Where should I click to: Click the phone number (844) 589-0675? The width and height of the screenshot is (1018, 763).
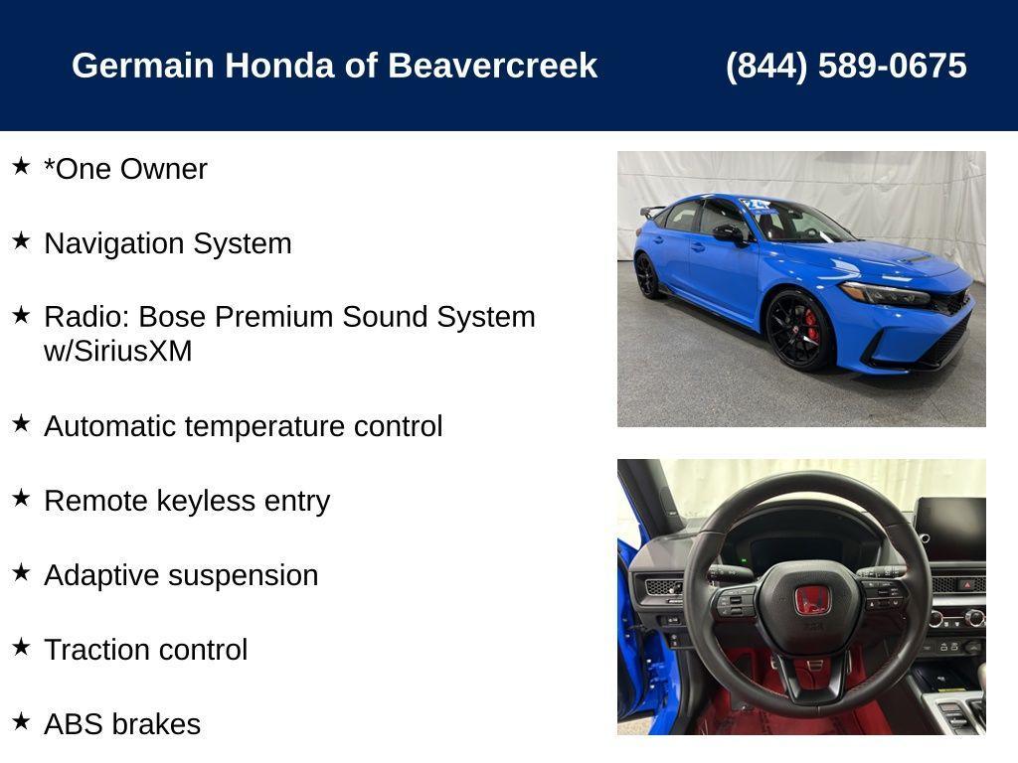(845, 66)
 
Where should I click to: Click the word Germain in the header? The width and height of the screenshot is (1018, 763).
(142, 66)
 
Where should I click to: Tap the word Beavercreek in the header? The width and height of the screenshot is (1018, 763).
(492, 66)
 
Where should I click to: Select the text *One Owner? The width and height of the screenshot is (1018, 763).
(125, 169)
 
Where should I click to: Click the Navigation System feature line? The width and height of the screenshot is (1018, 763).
(167, 243)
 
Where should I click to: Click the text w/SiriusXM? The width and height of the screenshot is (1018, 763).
(117, 352)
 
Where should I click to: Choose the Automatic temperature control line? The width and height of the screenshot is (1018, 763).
(243, 426)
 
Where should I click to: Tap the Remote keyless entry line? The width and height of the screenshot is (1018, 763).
(186, 501)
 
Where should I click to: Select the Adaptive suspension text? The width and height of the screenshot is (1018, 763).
(181, 575)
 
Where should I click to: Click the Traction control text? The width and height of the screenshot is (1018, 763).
(145, 650)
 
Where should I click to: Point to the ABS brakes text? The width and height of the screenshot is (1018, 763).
(121, 724)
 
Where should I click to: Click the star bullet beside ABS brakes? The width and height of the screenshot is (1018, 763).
(21, 721)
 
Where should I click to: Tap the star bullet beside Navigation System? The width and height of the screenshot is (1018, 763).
(21, 240)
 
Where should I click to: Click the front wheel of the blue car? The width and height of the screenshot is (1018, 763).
(799, 330)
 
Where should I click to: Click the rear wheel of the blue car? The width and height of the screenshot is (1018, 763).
(648, 275)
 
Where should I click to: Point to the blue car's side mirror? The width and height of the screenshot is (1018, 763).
(728, 232)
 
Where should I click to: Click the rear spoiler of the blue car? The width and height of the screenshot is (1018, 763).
(652, 211)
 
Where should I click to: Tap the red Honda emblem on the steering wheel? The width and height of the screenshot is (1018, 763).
(812, 600)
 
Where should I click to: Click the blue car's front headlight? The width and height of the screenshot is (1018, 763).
(886, 294)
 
